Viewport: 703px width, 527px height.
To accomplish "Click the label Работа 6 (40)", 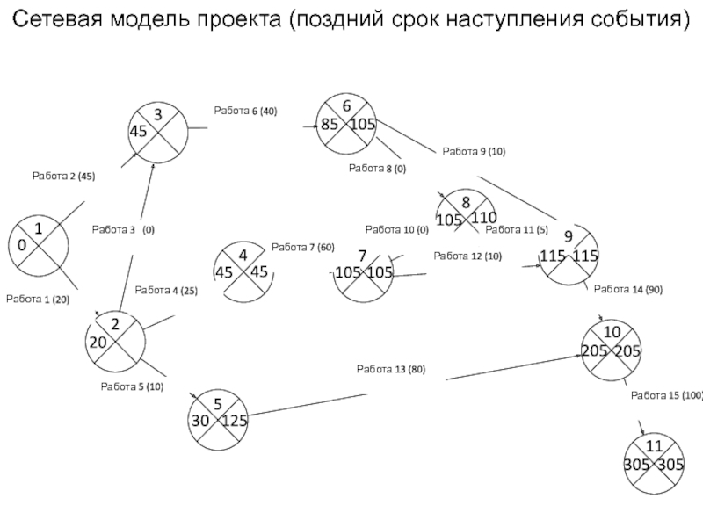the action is pyautogui.click(x=246, y=111).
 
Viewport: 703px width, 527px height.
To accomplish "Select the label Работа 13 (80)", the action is pyautogui.click(x=391, y=369).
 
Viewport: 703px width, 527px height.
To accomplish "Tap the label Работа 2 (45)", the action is pyautogui.click(x=63, y=177).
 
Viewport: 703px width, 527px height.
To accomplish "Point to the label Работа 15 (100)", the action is pyautogui.click(x=667, y=396).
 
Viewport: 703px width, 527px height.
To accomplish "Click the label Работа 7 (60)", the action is pyautogui.click(x=303, y=248).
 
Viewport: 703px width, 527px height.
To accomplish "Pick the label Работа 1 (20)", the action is pyautogui.click(x=38, y=300).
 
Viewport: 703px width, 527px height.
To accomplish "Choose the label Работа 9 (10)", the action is pyautogui.click(x=474, y=151).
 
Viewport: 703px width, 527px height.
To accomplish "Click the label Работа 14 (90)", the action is pyautogui.click(x=628, y=290).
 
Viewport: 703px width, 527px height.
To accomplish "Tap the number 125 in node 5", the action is pyautogui.click(x=235, y=421).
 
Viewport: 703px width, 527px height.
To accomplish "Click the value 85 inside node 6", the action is pyautogui.click(x=330, y=124).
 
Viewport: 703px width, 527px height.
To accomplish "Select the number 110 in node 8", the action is pyautogui.click(x=484, y=218).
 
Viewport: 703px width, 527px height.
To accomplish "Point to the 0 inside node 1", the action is pyautogui.click(x=21, y=245).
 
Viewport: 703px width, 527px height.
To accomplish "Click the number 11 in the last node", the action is pyautogui.click(x=654, y=446).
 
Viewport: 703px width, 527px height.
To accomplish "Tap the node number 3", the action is pyautogui.click(x=158, y=115).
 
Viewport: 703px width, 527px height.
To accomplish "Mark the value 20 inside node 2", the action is pyautogui.click(x=98, y=343).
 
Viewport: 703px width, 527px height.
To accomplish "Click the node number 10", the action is pyautogui.click(x=612, y=332).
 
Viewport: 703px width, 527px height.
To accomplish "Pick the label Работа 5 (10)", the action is pyautogui.click(x=133, y=386).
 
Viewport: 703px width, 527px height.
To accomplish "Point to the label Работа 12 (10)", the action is pyautogui.click(x=467, y=256).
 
